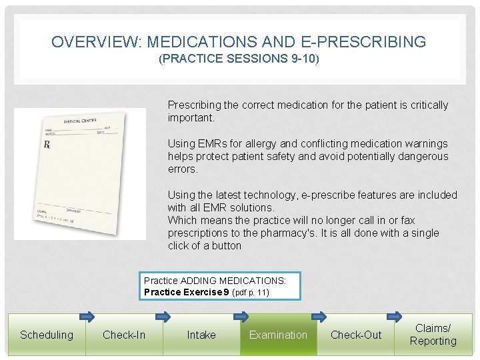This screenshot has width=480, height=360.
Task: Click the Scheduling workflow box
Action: (x=46, y=335)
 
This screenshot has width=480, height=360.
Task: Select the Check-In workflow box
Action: (x=124, y=335)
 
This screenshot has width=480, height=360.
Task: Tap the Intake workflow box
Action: (x=201, y=335)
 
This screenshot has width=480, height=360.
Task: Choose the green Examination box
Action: (x=278, y=335)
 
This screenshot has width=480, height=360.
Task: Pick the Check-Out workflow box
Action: (x=356, y=335)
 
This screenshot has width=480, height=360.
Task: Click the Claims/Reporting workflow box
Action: (x=433, y=335)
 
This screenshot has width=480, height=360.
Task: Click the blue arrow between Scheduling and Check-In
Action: (x=87, y=316)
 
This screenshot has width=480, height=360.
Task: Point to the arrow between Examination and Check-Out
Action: (x=318, y=316)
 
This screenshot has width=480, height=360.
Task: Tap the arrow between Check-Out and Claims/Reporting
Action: (x=395, y=316)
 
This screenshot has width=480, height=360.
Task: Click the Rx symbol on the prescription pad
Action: (x=47, y=145)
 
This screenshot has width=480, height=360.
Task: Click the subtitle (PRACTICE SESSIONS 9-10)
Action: (x=239, y=59)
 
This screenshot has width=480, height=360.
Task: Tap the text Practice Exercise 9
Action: (x=187, y=292)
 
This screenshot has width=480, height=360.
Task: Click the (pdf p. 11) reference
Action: (x=250, y=293)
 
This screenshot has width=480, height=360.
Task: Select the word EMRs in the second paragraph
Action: (x=208, y=143)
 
